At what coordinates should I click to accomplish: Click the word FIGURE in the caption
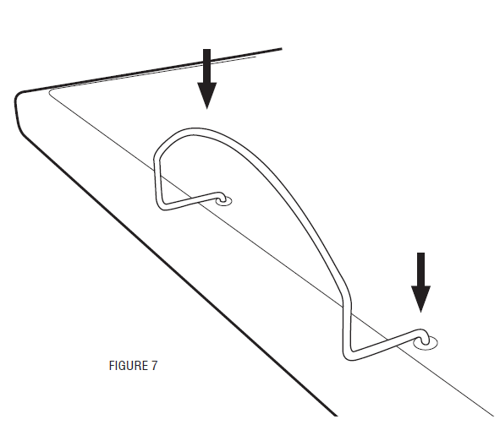point(129,366)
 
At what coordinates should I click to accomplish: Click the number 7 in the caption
point(154,366)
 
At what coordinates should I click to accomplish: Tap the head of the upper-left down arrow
point(207,95)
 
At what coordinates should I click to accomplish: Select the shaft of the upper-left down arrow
point(207,66)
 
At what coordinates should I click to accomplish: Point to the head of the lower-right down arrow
point(421,299)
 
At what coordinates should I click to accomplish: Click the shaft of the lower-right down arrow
point(421,269)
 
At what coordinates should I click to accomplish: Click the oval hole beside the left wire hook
point(224,201)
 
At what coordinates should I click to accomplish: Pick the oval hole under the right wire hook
point(426,343)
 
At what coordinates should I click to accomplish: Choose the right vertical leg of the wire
point(347,328)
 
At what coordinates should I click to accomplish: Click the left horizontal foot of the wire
point(191,201)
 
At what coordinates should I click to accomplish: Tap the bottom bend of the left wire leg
point(161,206)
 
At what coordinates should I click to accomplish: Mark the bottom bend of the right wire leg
point(349,356)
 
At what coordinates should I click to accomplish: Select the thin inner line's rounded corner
point(51,91)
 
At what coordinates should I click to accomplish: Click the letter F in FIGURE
point(112,366)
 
